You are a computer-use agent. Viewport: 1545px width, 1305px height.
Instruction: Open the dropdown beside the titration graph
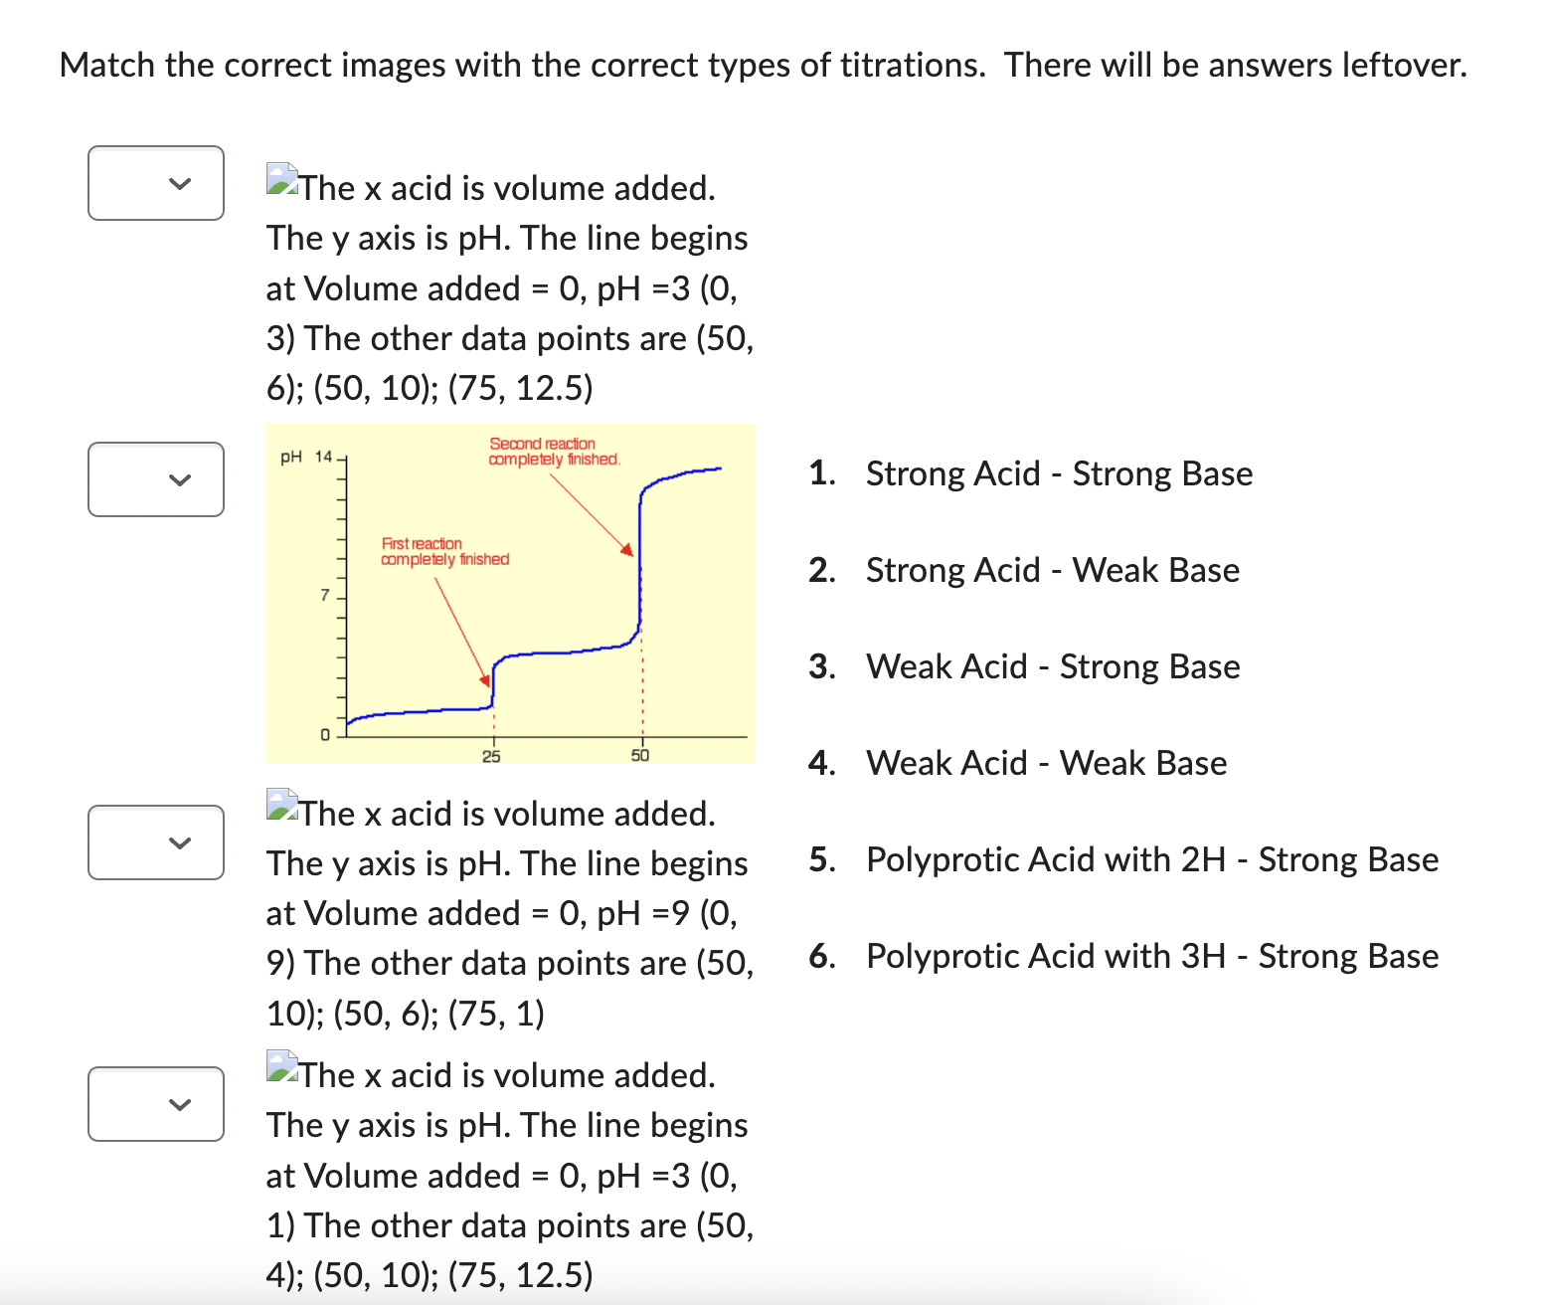click(156, 479)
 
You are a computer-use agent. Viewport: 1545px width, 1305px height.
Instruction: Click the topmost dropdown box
click(156, 183)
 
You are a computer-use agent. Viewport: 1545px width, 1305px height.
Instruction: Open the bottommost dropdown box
click(156, 1104)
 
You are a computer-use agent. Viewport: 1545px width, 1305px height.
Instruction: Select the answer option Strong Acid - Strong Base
click(1058, 473)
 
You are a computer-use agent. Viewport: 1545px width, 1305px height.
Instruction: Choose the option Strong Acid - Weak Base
click(1052, 570)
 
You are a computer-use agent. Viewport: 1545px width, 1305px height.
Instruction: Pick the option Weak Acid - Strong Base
click(1052, 666)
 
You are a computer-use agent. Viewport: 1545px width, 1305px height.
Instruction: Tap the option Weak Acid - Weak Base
click(1046, 763)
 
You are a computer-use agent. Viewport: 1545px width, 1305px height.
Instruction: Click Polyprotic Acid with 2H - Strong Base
click(1151, 859)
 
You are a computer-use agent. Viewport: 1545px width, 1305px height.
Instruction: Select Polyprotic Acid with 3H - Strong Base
click(1151, 956)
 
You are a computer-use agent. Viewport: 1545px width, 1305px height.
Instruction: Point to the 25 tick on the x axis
click(491, 757)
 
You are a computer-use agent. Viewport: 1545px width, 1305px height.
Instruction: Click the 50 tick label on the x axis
click(640, 756)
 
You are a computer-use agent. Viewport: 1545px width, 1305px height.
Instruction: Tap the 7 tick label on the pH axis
click(324, 596)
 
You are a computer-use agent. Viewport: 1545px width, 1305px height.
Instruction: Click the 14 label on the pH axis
click(324, 457)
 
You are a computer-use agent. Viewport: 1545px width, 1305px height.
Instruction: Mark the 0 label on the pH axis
click(324, 735)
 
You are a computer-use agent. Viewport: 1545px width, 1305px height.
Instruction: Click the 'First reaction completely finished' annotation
click(444, 552)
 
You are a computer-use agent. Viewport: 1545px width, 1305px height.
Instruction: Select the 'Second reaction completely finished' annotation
click(554, 452)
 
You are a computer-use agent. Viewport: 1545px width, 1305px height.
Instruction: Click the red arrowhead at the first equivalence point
click(486, 680)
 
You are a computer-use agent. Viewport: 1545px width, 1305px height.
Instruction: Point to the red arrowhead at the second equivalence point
click(627, 549)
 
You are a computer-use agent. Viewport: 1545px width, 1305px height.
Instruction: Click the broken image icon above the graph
click(282, 179)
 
